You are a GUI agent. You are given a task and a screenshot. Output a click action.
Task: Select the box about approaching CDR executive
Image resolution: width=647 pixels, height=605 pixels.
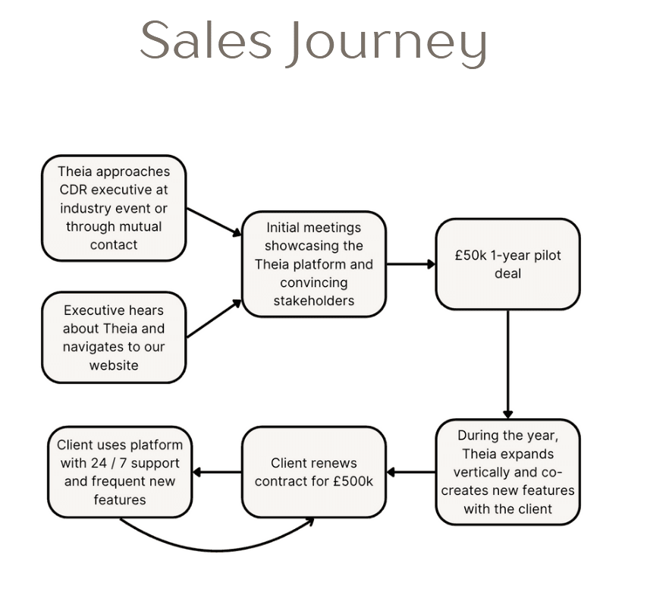click(114, 207)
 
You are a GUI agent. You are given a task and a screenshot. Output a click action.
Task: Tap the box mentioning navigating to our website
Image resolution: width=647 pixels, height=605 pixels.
click(114, 338)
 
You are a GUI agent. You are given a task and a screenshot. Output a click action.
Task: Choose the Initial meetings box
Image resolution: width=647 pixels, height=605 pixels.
click(313, 263)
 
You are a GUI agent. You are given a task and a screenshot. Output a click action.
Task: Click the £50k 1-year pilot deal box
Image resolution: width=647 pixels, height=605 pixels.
click(507, 264)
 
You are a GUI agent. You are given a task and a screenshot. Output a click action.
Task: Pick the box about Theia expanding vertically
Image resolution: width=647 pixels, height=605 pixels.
click(507, 472)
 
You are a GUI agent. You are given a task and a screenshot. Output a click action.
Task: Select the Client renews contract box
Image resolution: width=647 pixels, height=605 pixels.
click(313, 472)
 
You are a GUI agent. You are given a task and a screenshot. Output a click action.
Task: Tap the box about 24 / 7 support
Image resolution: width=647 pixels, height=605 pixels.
click(120, 472)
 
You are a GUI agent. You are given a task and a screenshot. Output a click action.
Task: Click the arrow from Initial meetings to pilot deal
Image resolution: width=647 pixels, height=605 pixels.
click(410, 264)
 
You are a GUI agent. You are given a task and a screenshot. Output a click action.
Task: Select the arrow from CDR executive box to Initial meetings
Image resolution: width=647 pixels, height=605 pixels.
click(214, 222)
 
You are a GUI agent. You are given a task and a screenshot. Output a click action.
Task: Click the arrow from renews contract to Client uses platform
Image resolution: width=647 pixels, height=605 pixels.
click(217, 472)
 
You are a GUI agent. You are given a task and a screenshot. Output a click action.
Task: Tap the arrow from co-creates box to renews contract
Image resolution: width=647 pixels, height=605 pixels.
click(410, 472)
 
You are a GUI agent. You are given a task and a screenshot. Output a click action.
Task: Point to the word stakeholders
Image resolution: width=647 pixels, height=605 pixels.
click(313, 301)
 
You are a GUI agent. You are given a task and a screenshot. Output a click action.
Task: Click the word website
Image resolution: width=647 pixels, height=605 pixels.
click(114, 365)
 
